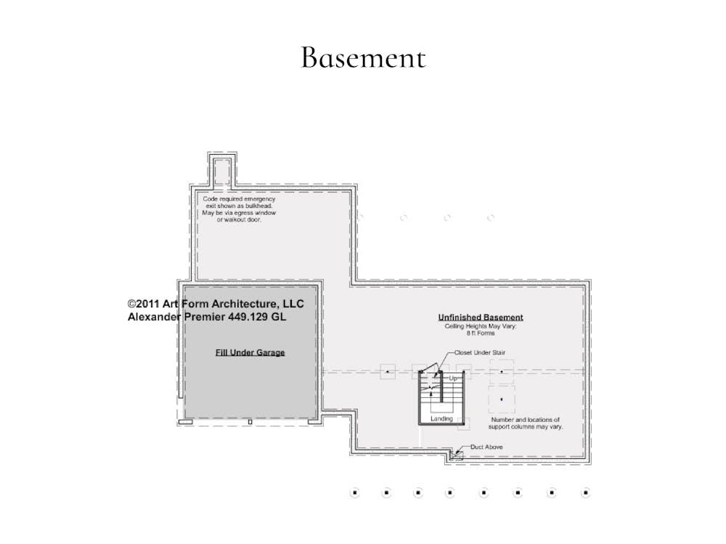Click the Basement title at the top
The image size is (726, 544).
tap(363, 57)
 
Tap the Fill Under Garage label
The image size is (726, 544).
tap(250, 353)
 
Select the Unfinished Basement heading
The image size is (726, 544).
tap(481, 317)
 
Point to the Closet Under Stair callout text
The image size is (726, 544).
tap(480, 353)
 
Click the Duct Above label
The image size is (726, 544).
tap(486, 447)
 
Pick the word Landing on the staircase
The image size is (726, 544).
tap(441, 419)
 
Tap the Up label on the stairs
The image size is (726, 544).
tap(453, 378)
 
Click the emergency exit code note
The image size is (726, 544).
tap(239, 209)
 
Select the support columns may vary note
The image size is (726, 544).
tap(526, 423)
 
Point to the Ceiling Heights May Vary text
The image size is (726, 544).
tap(481, 326)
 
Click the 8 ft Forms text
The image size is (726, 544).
tap(481, 333)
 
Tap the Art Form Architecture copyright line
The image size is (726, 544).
tap(216, 304)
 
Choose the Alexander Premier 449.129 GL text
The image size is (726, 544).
tap(207, 317)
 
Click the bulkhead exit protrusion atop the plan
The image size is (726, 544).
tap(222, 170)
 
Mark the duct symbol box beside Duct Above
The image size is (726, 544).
tap(457, 455)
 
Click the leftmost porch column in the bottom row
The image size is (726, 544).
tap(355, 492)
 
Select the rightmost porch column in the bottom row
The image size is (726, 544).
tap(586, 492)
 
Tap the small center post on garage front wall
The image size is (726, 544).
tap(250, 422)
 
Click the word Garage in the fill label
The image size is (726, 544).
tap(270, 353)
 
